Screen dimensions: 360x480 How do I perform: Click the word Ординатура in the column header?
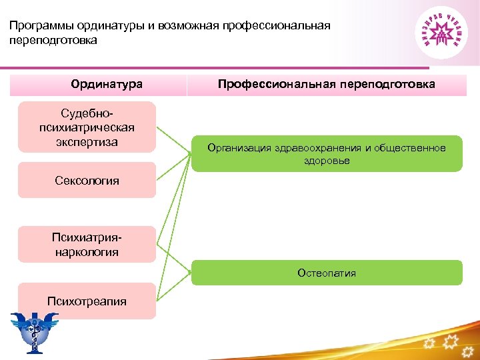click(107, 85)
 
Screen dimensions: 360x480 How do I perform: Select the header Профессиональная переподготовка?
click(327, 85)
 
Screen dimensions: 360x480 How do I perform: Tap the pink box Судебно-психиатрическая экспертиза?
click(87, 127)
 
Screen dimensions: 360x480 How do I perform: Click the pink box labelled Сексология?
click(87, 180)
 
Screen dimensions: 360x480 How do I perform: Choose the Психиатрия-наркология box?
click(87, 245)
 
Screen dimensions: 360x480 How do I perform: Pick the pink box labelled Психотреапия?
click(87, 301)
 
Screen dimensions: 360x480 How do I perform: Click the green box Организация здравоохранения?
click(327, 154)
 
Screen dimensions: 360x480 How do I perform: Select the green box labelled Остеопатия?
click(327, 273)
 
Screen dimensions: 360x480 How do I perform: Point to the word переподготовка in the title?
click(53, 40)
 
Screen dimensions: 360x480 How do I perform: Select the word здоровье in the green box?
click(327, 161)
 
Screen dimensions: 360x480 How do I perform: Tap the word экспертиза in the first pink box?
click(87, 142)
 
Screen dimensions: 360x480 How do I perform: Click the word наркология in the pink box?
click(87, 252)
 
